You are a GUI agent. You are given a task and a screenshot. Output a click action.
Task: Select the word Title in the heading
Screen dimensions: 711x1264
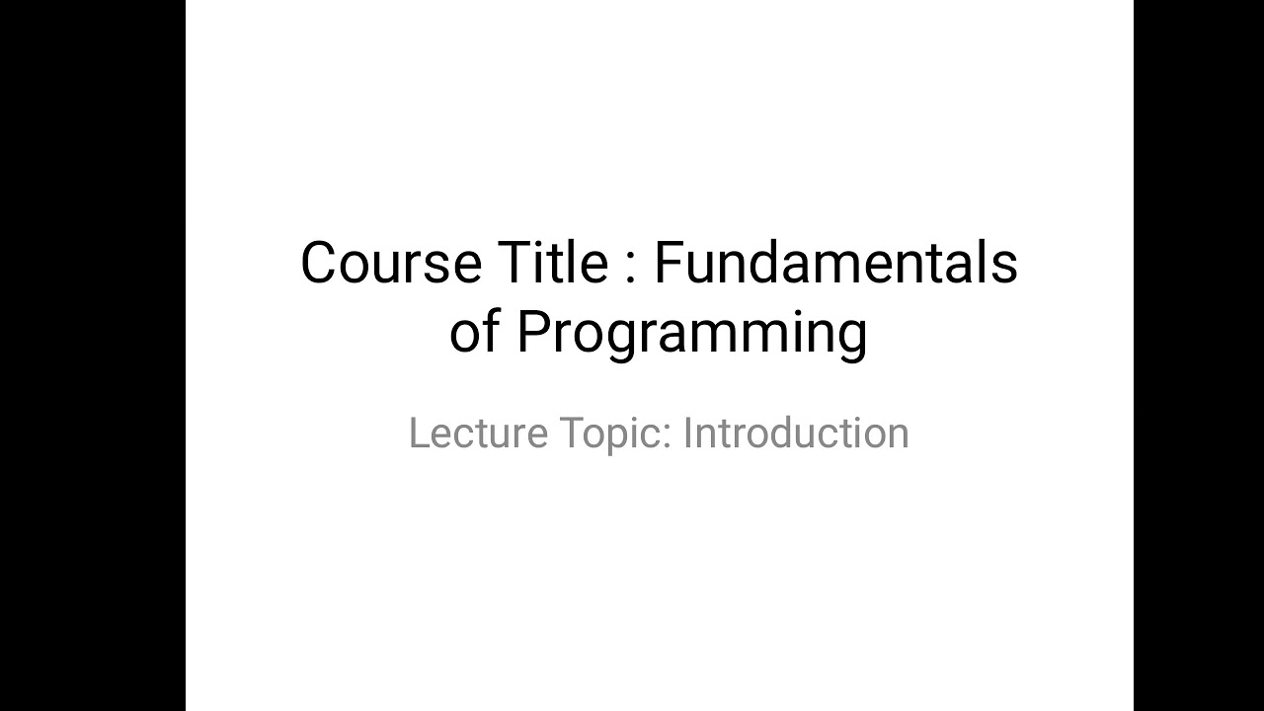(x=552, y=264)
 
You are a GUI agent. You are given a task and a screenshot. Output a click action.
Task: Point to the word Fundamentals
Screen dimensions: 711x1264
(x=835, y=264)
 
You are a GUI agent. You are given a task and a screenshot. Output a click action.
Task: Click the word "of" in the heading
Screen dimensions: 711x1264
(x=474, y=332)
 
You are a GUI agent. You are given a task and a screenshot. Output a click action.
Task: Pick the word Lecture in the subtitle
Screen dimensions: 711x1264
(x=478, y=434)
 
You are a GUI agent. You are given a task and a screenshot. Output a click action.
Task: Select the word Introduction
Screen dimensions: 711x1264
(x=796, y=434)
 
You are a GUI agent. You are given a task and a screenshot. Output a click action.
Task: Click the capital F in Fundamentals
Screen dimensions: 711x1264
(x=669, y=264)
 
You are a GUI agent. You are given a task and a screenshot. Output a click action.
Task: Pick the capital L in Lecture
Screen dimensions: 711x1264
(x=418, y=434)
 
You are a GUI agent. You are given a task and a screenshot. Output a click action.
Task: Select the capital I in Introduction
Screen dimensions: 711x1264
(x=687, y=434)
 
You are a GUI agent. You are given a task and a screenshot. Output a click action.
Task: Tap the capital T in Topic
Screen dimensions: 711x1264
(x=570, y=434)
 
